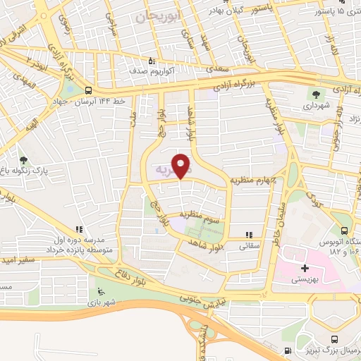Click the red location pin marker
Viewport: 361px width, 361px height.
(182, 166)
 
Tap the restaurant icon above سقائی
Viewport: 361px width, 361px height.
(247, 235)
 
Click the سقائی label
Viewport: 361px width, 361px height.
(249, 247)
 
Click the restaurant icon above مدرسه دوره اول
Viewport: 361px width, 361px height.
(80, 229)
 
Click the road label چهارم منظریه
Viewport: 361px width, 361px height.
(250, 179)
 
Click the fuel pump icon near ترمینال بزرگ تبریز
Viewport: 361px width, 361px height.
(286, 350)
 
